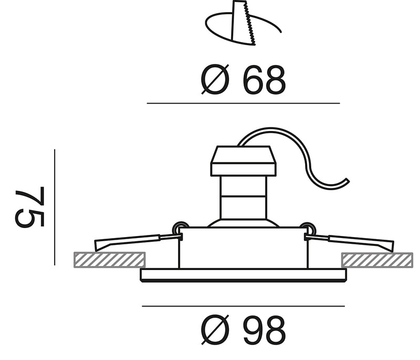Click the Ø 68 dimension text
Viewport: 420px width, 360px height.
(x=243, y=79)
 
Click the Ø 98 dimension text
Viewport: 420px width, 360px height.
(x=243, y=330)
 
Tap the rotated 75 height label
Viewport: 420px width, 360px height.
(x=30, y=207)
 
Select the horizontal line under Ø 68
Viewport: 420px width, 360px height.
(x=243, y=103)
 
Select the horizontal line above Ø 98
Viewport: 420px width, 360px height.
(x=243, y=306)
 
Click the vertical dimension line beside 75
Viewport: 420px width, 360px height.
(x=55, y=207)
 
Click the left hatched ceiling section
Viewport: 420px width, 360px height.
(x=110, y=260)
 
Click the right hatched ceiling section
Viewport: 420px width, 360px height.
(x=377, y=260)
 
